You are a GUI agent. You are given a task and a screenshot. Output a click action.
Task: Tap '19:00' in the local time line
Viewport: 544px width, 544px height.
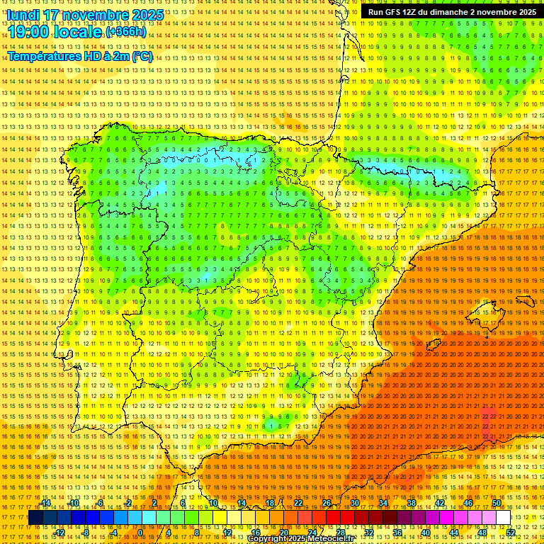click(x=28, y=33)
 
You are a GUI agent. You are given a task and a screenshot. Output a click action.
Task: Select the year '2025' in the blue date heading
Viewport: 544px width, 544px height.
click(x=147, y=14)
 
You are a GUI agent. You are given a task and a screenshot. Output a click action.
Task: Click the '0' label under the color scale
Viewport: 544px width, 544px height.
click(x=140, y=532)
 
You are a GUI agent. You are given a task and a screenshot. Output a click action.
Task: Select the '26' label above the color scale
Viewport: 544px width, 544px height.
click(x=326, y=503)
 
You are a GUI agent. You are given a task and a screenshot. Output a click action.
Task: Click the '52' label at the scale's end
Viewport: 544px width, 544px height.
click(x=511, y=532)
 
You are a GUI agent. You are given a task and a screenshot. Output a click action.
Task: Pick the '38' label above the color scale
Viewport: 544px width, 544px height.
click(x=412, y=503)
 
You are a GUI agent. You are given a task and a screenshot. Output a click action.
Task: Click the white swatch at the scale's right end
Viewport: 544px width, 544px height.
click(x=504, y=518)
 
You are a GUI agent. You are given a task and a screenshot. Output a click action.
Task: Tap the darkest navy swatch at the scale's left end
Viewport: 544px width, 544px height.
click(x=35, y=518)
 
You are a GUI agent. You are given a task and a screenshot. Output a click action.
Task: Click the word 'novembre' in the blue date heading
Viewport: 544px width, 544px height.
click(x=93, y=14)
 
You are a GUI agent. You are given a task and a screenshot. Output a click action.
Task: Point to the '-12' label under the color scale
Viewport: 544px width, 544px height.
click(x=59, y=532)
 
